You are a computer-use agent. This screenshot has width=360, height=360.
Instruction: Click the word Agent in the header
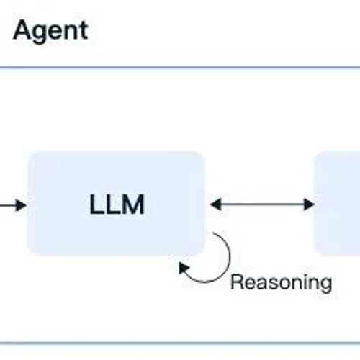click(x=50, y=32)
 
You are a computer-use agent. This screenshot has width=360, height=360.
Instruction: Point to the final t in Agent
click(x=84, y=31)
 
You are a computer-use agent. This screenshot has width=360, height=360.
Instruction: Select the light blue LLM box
click(x=117, y=204)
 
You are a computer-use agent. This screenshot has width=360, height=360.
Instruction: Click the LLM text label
click(x=117, y=204)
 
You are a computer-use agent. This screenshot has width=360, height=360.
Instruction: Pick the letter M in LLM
click(x=132, y=204)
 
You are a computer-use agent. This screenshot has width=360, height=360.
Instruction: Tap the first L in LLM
click(x=95, y=204)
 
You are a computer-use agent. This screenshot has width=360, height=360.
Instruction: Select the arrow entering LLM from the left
click(x=13, y=205)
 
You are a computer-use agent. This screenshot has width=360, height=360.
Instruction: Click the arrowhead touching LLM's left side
click(x=21, y=205)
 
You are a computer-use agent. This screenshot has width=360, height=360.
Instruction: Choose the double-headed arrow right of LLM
click(x=262, y=204)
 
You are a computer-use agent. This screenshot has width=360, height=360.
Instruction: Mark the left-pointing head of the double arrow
click(x=215, y=204)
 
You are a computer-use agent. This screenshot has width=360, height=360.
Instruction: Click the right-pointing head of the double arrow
click(x=309, y=204)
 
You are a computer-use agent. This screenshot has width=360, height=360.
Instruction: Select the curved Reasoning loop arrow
click(x=230, y=257)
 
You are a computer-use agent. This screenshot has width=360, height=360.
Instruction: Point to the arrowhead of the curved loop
click(x=184, y=267)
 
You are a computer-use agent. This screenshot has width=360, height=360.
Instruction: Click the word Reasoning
click(x=282, y=283)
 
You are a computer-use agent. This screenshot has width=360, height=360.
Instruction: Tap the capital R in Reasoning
click(x=237, y=282)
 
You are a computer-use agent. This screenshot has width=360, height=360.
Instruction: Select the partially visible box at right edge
click(x=337, y=204)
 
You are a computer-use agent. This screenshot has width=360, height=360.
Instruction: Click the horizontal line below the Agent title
click(x=180, y=68)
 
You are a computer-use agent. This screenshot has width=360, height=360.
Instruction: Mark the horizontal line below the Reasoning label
click(x=180, y=343)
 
